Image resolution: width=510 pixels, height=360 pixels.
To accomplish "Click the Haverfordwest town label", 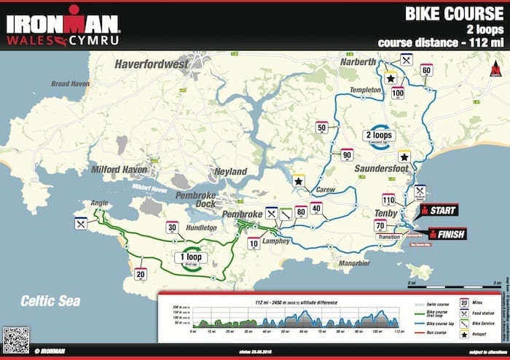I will (158, 66).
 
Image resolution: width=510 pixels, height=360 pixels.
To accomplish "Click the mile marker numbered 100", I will (398, 93).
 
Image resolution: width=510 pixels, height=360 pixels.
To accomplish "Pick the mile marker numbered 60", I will (427, 70).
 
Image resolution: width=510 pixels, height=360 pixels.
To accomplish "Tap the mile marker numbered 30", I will (172, 227).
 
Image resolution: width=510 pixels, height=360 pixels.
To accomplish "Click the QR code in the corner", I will (16, 340).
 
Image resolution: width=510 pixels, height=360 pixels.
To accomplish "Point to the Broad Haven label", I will (69, 104).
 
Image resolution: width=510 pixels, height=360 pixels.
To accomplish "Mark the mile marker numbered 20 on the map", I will (141, 274).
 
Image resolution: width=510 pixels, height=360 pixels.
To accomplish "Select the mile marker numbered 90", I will (347, 154).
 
